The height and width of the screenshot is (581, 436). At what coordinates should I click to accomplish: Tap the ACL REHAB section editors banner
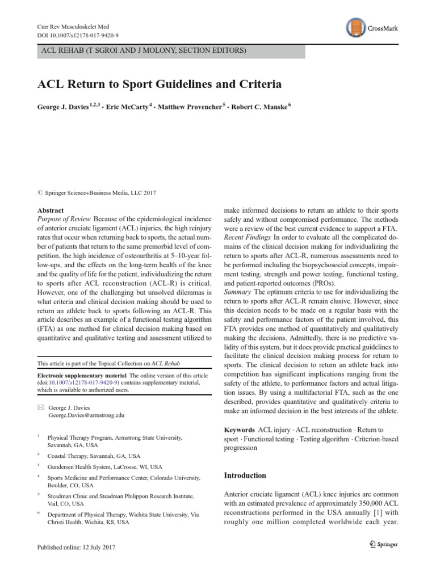[170, 51]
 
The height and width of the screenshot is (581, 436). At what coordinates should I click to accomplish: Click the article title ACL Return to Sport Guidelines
[160, 85]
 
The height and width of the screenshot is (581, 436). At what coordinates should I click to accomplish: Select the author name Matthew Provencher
[191, 107]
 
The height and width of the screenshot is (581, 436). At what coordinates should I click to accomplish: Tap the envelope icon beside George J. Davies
[40, 407]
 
